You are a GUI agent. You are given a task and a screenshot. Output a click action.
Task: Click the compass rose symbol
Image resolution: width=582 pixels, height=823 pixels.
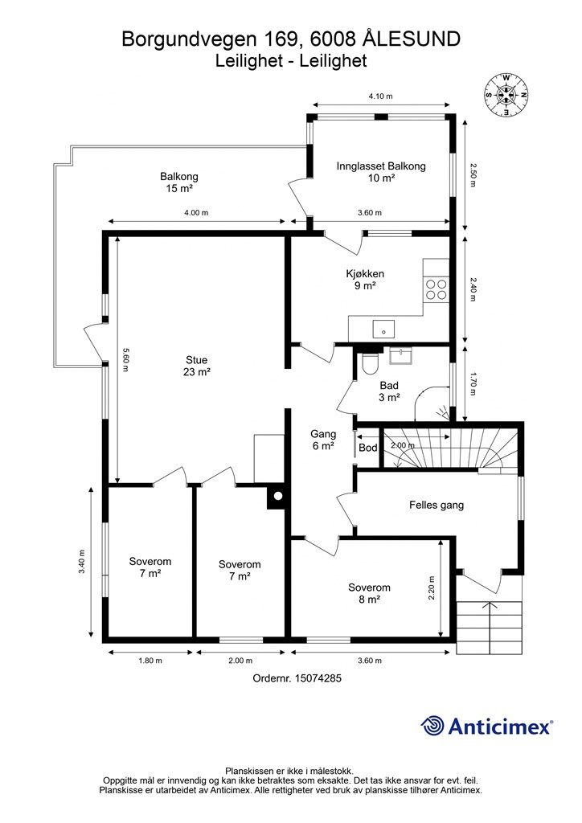point(506,95)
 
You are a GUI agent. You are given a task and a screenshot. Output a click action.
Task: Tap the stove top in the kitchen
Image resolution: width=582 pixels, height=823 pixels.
point(436,289)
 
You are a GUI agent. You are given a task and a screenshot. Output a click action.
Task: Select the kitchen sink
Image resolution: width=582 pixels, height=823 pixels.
point(384,329)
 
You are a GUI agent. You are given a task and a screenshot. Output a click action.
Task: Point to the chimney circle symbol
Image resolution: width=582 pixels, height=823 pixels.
point(277,496)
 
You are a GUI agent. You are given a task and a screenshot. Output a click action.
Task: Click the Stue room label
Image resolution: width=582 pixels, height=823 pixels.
point(197,366)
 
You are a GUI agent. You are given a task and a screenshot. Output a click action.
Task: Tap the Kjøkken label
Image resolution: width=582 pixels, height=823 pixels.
point(365,279)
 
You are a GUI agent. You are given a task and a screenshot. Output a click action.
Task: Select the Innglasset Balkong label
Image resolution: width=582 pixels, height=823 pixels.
point(381,172)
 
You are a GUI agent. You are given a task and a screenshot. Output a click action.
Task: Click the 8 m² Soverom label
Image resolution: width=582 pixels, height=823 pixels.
point(369,593)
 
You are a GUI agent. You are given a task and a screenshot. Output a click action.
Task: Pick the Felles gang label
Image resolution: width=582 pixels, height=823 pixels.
point(436,505)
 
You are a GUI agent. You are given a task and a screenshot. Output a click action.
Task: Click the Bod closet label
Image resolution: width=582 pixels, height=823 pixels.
point(368,448)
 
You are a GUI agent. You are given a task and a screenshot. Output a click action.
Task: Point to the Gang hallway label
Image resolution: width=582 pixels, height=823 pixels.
point(322,440)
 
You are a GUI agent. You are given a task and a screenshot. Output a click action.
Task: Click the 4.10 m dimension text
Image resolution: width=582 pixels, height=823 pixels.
point(380,96)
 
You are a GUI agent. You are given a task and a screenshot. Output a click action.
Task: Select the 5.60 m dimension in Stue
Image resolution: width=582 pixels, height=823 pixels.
point(125,360)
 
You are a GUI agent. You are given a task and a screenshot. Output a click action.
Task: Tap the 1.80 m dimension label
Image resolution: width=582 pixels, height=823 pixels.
point(150,661)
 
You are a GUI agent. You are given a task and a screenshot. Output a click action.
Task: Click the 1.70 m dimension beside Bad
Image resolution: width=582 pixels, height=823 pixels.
point(473,384)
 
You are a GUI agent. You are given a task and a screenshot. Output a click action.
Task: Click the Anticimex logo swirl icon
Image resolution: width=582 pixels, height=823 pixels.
point(432,726)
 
